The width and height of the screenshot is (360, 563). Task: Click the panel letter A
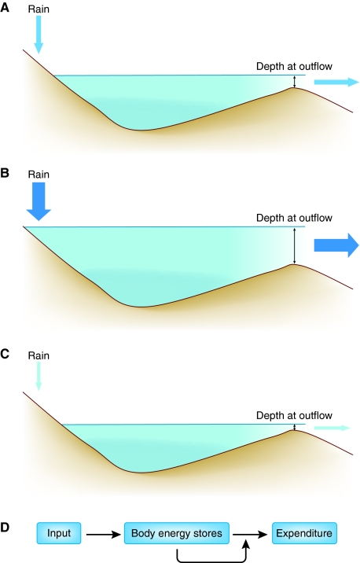5,8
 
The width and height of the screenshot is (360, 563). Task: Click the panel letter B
5,173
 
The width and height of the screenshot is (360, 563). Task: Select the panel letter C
5,354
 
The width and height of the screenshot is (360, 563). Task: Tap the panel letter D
5,528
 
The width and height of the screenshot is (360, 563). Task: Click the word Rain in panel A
39,9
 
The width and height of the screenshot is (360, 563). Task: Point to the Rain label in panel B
39,175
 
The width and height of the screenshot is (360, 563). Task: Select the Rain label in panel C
39,355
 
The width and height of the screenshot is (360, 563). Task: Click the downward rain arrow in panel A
39,35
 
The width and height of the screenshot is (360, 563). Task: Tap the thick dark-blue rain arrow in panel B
39,201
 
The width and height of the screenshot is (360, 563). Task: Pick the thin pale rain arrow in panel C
39,376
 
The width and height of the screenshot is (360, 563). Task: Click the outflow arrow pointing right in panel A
336,82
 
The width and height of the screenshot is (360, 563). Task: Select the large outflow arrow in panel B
336,245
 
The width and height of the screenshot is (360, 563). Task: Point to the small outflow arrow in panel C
332,428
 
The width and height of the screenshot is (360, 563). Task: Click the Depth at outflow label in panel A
294,66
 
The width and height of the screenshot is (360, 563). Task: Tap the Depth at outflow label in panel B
294,218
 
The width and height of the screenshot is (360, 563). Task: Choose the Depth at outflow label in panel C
294,415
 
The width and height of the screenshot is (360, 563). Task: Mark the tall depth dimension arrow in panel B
295,245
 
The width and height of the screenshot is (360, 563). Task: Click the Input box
59,533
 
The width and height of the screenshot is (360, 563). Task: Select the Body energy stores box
177,533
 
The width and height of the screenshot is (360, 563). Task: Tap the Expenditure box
304,533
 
